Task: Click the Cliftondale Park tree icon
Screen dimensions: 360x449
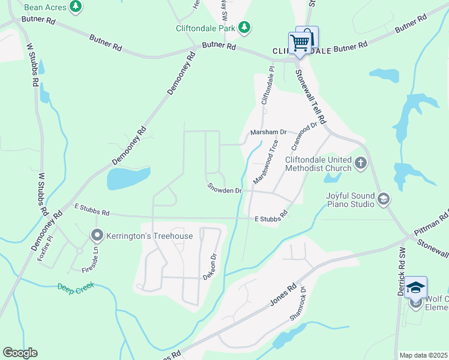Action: tap(244, 27)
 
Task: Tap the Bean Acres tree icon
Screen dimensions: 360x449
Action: tap(75, 7)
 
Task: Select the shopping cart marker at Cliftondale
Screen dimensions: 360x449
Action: tap(300, 43)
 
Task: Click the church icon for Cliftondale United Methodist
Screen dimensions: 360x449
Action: tap(360, 163)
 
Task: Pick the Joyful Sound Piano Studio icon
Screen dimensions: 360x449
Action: tap(384, 199)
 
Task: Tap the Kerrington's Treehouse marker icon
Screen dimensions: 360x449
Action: tap(97, 235)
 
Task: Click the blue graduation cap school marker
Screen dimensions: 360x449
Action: tap(415, 288)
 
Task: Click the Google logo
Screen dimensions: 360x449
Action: tap(20, 353)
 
